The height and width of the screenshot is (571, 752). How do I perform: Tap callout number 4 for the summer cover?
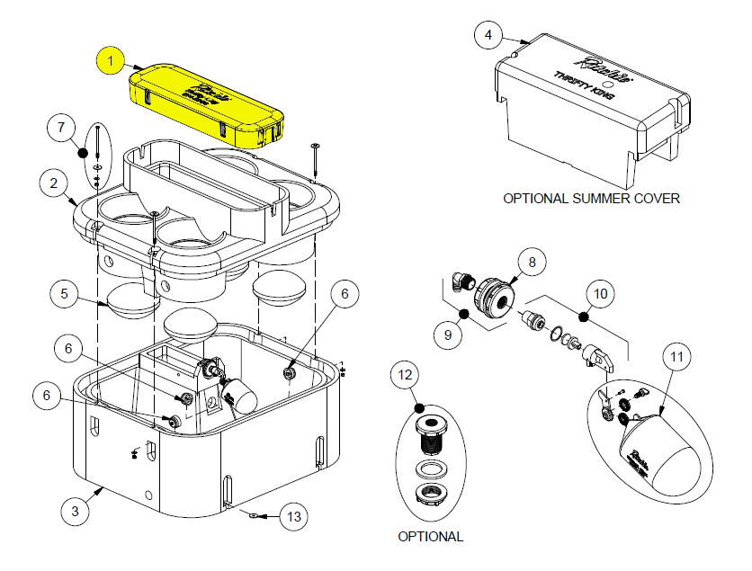pos(488,36)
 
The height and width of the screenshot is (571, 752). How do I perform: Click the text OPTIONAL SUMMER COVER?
pos(591,198)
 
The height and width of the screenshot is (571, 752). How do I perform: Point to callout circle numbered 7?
pos(61,129)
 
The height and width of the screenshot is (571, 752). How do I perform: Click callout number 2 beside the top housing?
pos(55,183)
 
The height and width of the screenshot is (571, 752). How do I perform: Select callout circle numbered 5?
pos(65,293)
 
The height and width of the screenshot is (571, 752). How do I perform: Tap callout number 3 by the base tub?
pos(76,511)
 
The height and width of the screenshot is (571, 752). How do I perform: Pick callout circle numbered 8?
pos(532,263)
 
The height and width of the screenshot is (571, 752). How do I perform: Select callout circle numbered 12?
pos(407,374)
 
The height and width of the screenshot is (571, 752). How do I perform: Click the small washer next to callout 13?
pos(254,515)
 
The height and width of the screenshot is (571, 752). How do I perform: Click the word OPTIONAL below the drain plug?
pos(430,537)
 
